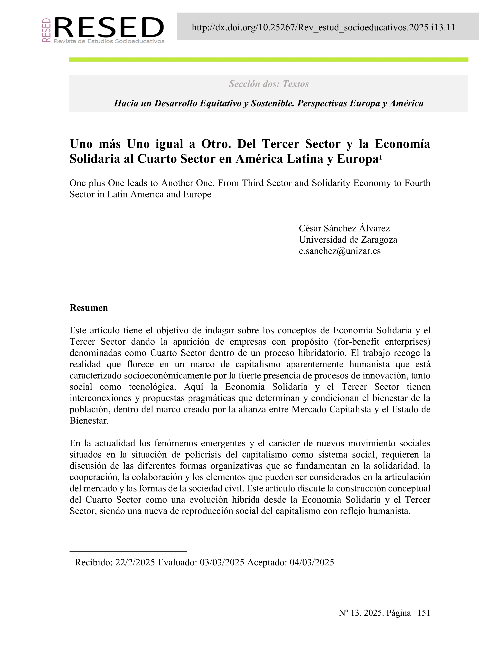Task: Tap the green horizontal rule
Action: coord(268,60)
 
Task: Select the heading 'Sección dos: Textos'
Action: coord(268,84)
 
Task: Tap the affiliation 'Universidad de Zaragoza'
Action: coord(348,239)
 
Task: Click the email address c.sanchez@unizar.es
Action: coord(339,251)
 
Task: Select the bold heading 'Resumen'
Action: coord(89,308)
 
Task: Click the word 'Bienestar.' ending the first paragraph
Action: coord(89,421)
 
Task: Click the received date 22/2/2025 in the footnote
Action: coord(135,562)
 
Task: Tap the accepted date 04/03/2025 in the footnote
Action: coord(312,562)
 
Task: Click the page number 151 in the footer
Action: coord(424,613)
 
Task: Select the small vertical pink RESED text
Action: coord(46,30)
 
